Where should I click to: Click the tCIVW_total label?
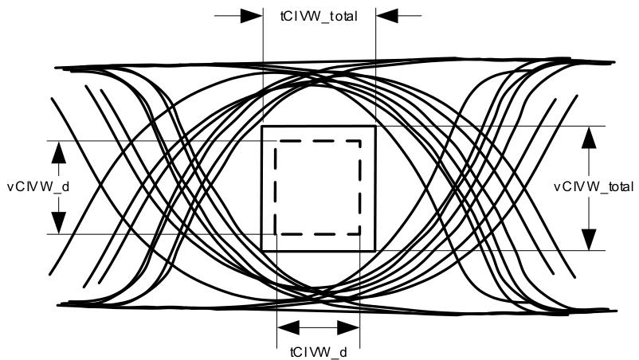click(319, 16)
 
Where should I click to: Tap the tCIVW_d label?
click(318, 352)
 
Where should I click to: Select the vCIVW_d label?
click(38, 186)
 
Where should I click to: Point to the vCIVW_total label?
click(594, 186)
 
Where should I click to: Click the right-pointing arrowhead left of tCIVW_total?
click(251, 16)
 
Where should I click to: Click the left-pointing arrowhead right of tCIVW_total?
click(386, 16)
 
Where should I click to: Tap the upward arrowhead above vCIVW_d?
click(59, 152)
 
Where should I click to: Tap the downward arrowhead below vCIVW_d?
click(59, 223)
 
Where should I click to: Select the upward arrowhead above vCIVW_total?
click(589, 137)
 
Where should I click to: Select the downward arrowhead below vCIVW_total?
click(589, 240)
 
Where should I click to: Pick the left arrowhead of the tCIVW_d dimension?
click(288, 327)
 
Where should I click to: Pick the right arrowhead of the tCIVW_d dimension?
click(349, 327)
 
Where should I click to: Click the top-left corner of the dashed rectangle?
click(276, 141)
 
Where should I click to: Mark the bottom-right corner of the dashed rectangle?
click(360, 234)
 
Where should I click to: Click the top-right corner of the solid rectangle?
click(375, 127)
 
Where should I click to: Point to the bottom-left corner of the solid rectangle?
click(262, 250)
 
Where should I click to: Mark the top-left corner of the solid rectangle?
click(262, 127)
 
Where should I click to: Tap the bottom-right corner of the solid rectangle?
click(375, 250)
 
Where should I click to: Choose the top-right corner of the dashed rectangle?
click(360, 141)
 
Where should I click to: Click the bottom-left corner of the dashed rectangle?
click(276, 234)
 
